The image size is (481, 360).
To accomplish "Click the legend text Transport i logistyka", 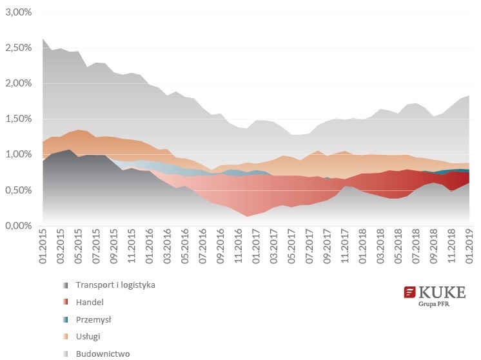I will pyautogui.click(x=115, y=285).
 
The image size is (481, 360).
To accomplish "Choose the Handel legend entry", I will pyautogui.click(x=90, y=302).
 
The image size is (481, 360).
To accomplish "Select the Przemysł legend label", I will pyautogui.click(x=94, y=319).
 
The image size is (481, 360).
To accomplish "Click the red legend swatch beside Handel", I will pyautogui.click(x=65, y=302).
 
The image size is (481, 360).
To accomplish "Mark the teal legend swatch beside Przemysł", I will pyautogui.click(x=65, y=319).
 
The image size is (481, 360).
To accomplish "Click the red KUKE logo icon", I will pyautogui.click(x=409, y=293).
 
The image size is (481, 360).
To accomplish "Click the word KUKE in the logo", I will pyautogui.click(x=441, y=292).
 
